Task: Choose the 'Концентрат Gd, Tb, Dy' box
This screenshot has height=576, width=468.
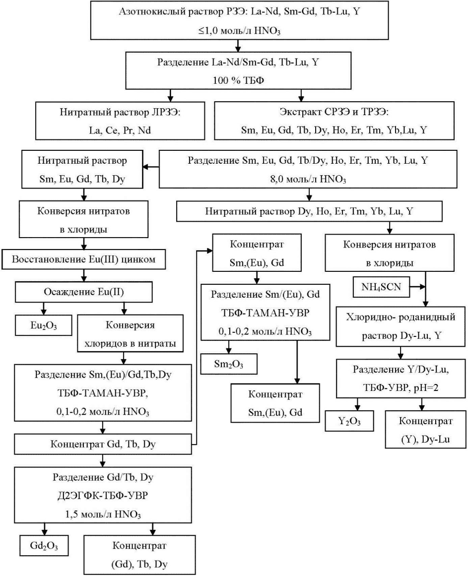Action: coord(102,443)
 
